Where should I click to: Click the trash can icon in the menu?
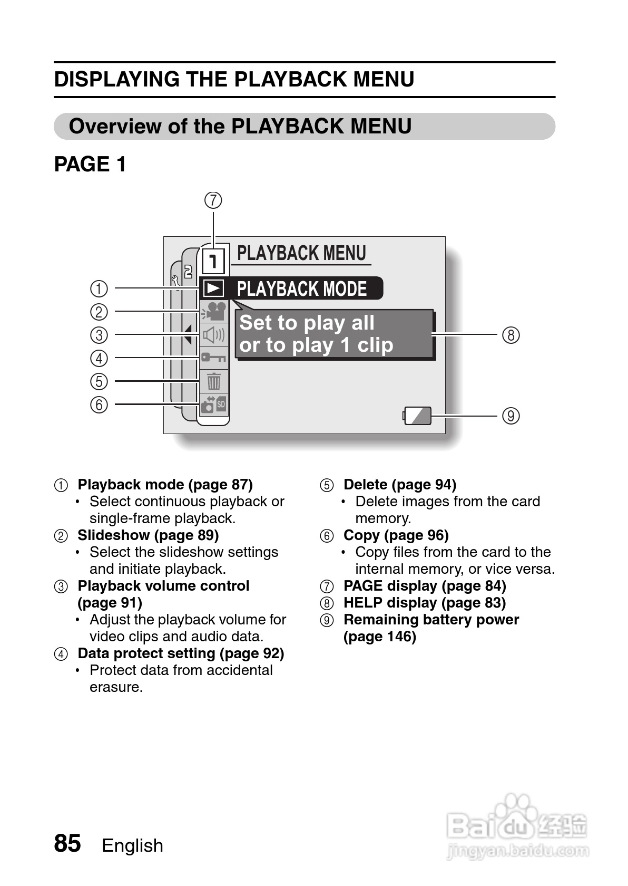coord(214,381)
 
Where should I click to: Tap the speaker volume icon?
coord(214,335)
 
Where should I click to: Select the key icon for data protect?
coord(213,358)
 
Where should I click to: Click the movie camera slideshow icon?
coord(214,311)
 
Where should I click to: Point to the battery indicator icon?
coord(417,416)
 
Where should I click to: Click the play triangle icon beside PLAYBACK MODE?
coord(214,288)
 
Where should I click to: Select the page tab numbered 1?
coord(213,261)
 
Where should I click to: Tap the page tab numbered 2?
coord(188,271)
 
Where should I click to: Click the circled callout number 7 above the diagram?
coord(213,200)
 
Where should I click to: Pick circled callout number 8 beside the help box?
coord(511,335)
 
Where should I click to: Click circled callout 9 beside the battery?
coord(511,416)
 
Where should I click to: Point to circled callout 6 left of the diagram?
coord(99,405)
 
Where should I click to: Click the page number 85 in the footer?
coord(67,843)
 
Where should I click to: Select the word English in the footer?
coord(132,846)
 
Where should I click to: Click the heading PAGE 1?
coord(90,164)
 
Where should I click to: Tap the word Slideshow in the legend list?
coord(113,535)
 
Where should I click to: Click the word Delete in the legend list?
coord(366,485)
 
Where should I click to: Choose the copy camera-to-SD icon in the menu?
coord(214,404)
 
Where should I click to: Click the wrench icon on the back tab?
coord(175,281)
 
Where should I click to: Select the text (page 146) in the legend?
coord(380,637)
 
